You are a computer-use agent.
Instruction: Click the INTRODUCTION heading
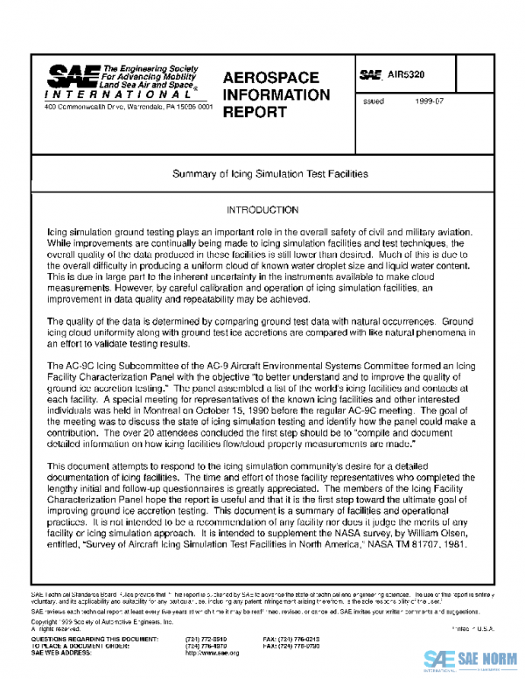click(262, 211)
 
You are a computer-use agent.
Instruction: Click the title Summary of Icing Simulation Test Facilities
click(262, 174)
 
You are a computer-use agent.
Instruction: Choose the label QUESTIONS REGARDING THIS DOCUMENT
click(87, 640)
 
